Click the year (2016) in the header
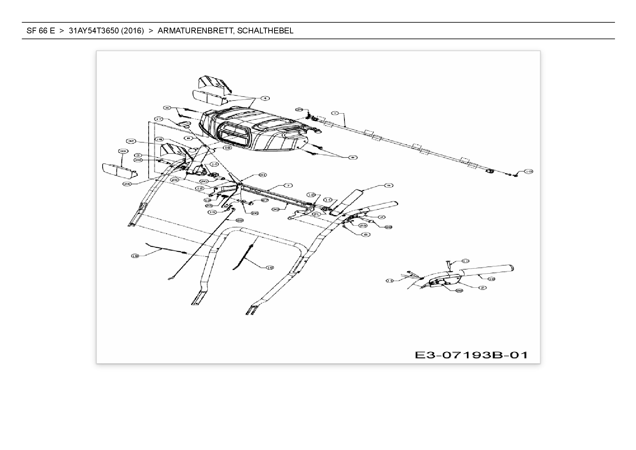[132, 31]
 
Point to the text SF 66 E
[41, 31]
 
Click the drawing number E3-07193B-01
[471, 355]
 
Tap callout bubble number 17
[159, 119]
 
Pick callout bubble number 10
[528, 171]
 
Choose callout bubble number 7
[288, 185]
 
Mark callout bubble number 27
[264, 200]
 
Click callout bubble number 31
[262, 175]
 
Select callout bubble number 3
[137, 155]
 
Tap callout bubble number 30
[276, 209]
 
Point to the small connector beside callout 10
[515, 176]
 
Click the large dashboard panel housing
[254, 131]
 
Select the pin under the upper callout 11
[449, 266]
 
